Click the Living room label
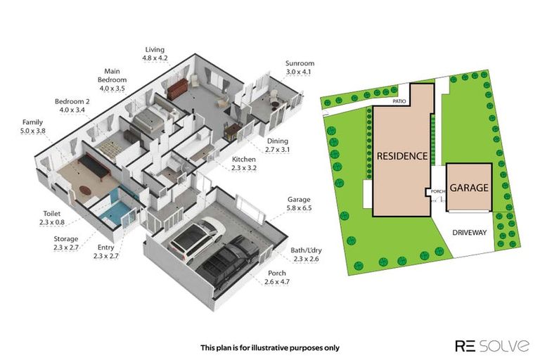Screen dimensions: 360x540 point(155,54)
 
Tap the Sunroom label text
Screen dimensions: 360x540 point(299,67)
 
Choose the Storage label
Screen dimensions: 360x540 point(65,243)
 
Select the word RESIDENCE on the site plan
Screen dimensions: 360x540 point(401,156)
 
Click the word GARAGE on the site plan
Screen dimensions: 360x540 point(469,188)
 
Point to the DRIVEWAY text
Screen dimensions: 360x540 point(470,233)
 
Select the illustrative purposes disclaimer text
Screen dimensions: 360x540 point(269,347)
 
